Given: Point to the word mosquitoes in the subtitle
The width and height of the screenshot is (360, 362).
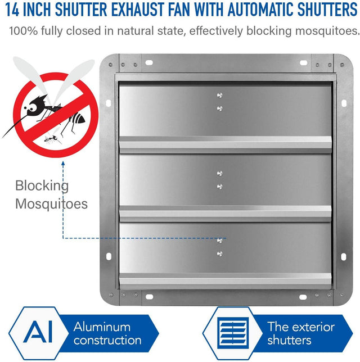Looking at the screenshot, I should click(x=326, y=30).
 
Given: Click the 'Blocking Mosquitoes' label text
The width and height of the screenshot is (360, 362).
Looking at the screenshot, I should click(x=51, y=194).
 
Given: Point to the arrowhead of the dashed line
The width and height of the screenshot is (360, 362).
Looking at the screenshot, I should click(x=62, y=162).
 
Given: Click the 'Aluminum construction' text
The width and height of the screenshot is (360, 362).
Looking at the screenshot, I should click(x=107, y=333).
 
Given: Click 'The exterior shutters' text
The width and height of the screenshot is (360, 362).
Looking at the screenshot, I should click(x=300, y=333).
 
